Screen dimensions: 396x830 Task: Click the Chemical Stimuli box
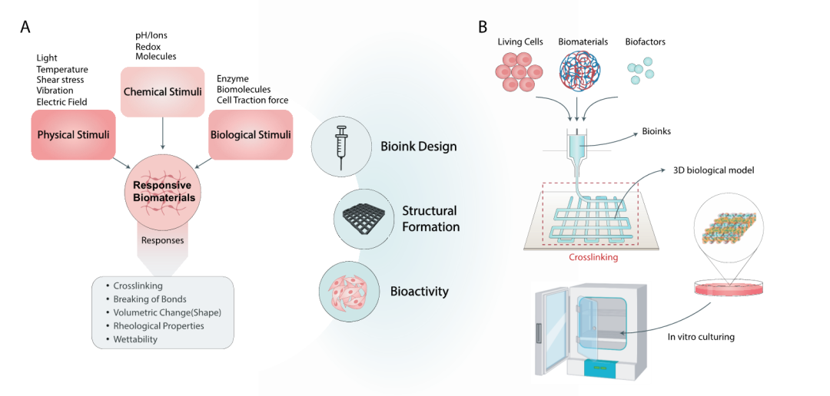click(163, 92)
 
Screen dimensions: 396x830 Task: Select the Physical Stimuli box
click(74, 134)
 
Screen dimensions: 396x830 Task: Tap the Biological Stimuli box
click(251, 134)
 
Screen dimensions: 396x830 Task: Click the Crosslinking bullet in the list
click(138, 285)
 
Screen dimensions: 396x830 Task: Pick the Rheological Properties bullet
click(158, 325)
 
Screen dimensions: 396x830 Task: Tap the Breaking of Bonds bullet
click(150, 299)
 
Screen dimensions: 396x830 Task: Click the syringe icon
click(339, 146)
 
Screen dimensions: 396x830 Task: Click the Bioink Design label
click(418, 147)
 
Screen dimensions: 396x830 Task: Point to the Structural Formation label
click(430, 218)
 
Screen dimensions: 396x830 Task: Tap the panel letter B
click(483, 27)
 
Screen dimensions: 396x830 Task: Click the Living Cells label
click(520, 42)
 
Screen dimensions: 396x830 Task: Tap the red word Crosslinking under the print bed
click(593, 258)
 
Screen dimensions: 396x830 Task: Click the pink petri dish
click(727, 287)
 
